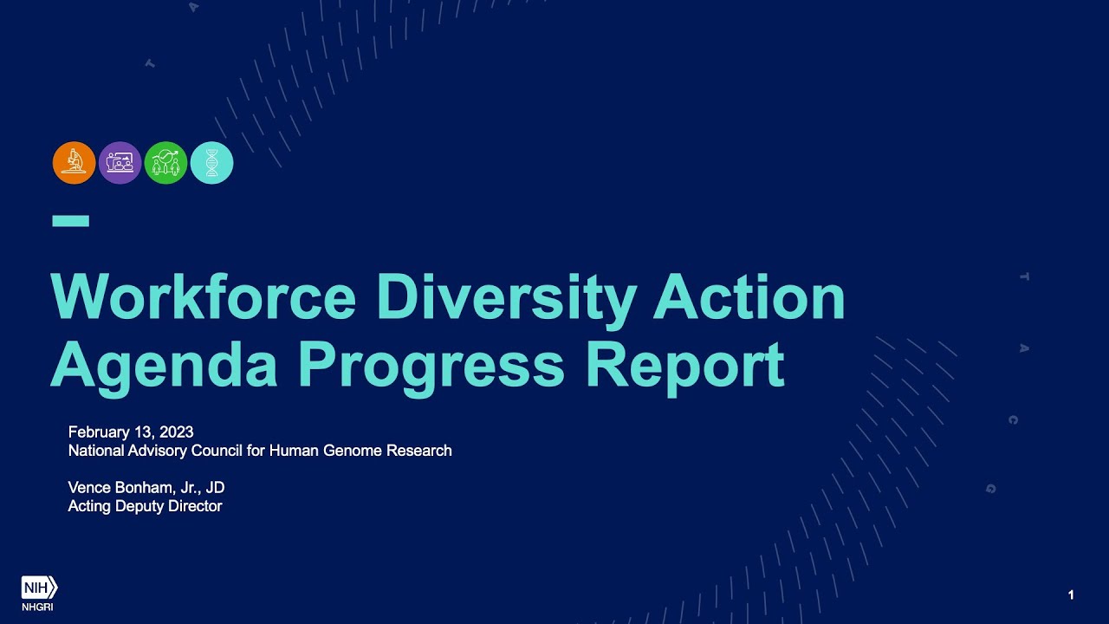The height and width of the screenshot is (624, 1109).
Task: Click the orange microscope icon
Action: click(x=74, y=163)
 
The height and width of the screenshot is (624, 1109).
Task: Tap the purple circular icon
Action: click(x=120, y=163)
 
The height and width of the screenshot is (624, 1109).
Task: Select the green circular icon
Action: click(x=165, y=163)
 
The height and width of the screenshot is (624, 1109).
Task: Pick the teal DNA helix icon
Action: click(x=211, y=163)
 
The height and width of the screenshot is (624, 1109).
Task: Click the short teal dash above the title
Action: click(x=70, y=221)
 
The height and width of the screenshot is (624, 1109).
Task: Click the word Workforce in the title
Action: click(x=204, y=297)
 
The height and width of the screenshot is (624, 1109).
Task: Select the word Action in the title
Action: click(x=749, y=297)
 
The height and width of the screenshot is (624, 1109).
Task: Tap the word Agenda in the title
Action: click(x=165, y=365)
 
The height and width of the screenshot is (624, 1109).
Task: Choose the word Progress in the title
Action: click(x=431, y=365)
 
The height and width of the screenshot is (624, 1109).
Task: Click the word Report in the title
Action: click(x=684, y=365)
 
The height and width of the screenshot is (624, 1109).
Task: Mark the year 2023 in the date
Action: click(x=177, y=432)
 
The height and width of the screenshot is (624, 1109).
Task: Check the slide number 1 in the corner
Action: click(x=1071, y=595)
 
